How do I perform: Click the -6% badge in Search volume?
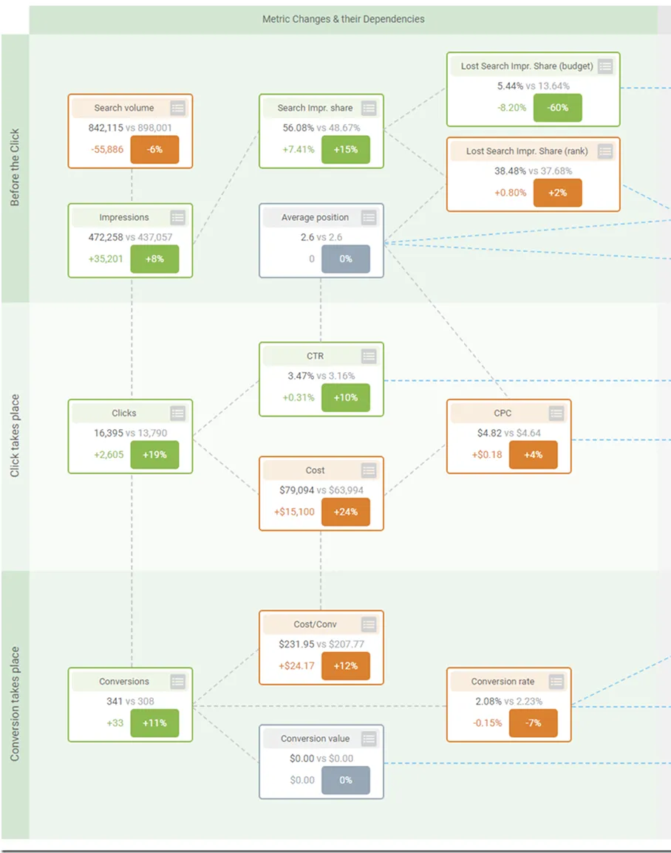(154, 150)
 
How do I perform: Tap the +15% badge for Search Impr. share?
(346, 150)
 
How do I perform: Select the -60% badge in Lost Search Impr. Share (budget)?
(558, 108)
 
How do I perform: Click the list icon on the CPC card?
(556, 414)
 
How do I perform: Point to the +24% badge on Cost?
(346, 512)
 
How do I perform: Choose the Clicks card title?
(124, 414)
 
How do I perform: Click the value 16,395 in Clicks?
(109, 433)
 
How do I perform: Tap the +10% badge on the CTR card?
(346, 397)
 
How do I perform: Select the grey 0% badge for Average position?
(346, 259)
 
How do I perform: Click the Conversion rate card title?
(503, 682)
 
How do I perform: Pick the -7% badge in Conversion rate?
(534, 723)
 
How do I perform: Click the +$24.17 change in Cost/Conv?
(296, 666)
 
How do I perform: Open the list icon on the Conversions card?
(177, 682)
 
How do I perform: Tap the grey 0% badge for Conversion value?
(346, 780)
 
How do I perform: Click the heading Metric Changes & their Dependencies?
(344, 19)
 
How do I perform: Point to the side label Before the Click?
(15, 167)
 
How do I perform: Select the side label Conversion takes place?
(15, 704)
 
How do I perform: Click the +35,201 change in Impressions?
(106, 259)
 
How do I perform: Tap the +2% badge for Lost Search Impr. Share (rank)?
(558, 193)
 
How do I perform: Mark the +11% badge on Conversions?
(154, 723)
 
